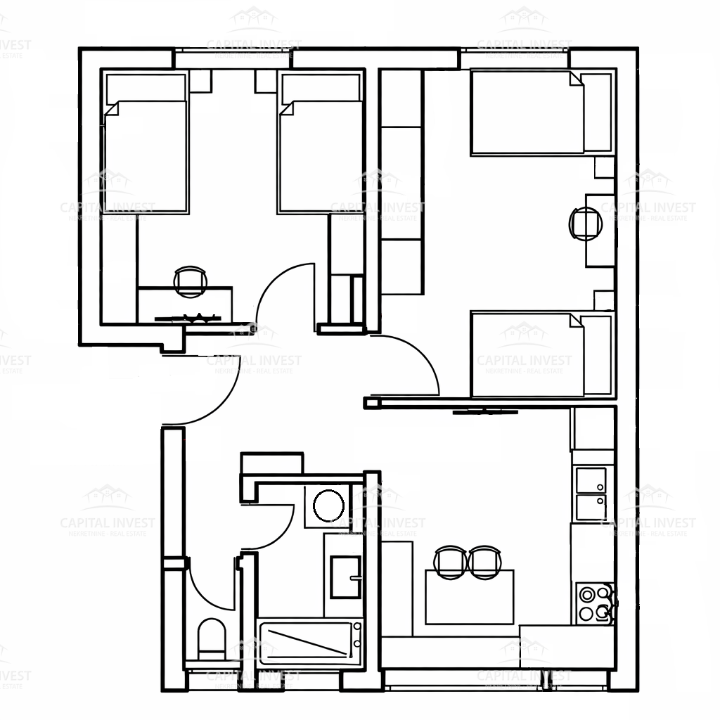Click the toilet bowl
[x=211, y=638]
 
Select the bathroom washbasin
[x=345, y=577]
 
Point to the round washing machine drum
[x=328, y=506]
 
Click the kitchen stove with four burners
[x=594, y=603]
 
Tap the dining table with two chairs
[x=469, y=596]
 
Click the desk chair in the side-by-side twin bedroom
[x=191, y=281]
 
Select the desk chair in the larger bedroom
[x=584, y=224]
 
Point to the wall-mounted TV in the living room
[x=485, y=411]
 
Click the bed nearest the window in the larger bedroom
[x=527, y=112]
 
